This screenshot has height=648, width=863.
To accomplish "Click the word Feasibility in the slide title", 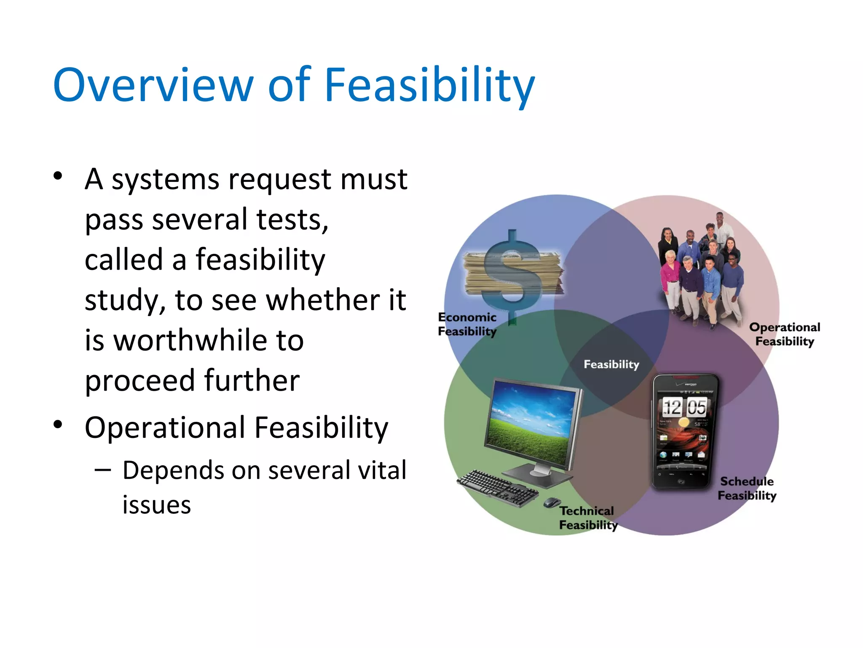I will pyautogui.click(x=429, y=85).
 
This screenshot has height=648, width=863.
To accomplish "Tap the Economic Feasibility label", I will pyautogui.click(x=467, y=324).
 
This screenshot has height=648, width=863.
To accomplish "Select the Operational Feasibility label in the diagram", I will pyautogui.click(x=785, y=334).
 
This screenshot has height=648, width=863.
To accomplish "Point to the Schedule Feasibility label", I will pyautogui.click(x=747, y=488).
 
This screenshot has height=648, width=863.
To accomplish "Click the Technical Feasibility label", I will pyautogui.click(x=587, y=518).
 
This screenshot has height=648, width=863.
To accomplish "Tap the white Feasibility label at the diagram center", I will pyautogui.click(x=611, y=364).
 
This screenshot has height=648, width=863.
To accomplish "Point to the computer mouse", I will pyautogui.click(x=551, y=502).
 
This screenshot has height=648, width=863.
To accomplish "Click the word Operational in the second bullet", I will pyautogui.click(x=165, y=427).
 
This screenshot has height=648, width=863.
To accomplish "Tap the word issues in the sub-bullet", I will pyautogui.click(x=156, y=505).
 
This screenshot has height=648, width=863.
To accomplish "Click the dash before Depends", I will pyautogui.click(x=103, y=470).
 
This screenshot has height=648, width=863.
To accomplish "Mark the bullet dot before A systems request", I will pyautogui.click(x=58, y=176).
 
